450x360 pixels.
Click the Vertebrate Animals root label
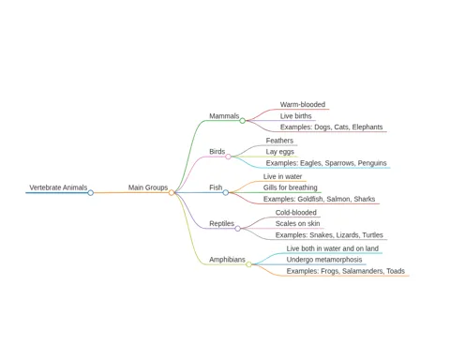[58, 187]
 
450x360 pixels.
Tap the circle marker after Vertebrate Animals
[91, 193]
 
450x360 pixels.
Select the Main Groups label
[148, 187]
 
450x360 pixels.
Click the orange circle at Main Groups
[172, 193]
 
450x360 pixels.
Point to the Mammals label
[224, 116]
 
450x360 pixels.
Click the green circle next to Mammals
[243, 121]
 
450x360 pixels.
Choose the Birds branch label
[217, 152]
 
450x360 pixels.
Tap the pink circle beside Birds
[229, 157]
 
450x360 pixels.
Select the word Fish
[216, 187]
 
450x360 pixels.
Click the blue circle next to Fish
[226, 193]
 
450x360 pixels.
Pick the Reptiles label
[221, 223]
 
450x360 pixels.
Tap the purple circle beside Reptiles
[238, 229]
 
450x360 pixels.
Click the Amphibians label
[227, 260]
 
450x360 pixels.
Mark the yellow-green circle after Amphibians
[248, 264]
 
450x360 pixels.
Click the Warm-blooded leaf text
[303, 104]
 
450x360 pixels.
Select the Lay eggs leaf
[280, 152]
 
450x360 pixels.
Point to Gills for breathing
[290, 187]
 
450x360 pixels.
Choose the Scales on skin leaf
[297, 223]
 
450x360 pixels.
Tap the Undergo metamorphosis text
[324, 260]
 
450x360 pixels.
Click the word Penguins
[372, 163]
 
